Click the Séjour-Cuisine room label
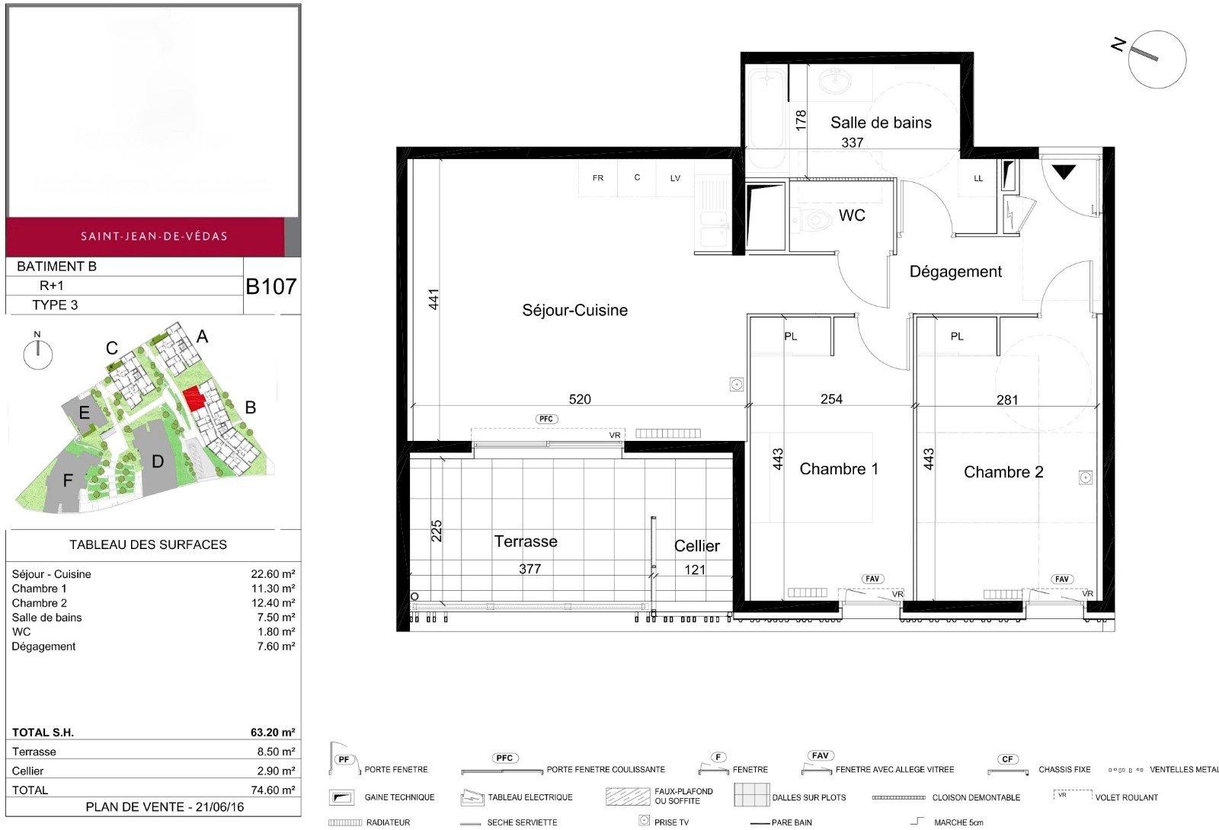tap(574, 310)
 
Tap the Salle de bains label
tap(881, 123)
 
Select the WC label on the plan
tap(852, 215)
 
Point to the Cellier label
tap(696, 545)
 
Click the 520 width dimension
tap(580, 399)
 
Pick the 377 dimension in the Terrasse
tap(530, 569)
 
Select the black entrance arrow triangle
tap(1064, 172)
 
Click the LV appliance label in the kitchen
tap(675, 178)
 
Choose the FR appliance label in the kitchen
tap(597, 178)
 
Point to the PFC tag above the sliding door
tap(546, 419)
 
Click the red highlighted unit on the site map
tap(194, 398)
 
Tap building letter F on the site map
tap(68, 480)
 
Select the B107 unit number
tap(271, 286)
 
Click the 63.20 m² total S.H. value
tap(273, 732)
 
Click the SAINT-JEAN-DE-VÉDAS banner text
tap(154, 236)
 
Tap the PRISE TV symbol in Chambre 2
tap(1085, 478)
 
